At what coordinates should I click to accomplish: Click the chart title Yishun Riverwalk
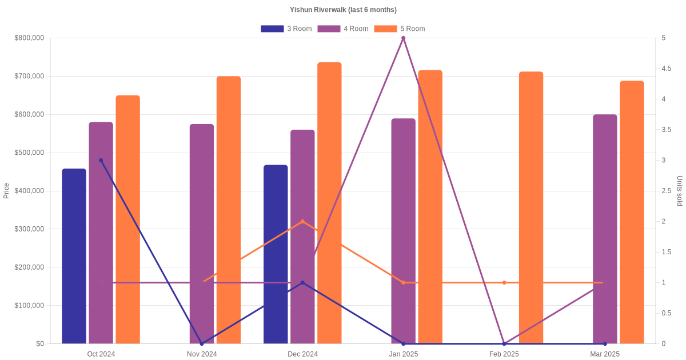(343, 10)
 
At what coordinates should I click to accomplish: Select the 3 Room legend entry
(286, 29)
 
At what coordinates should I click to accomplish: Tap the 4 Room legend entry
(342, 29)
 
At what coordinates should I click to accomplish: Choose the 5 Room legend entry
(399, 29)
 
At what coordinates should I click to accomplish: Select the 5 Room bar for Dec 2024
(329, 203)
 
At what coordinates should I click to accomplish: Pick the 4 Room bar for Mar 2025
(605, 229)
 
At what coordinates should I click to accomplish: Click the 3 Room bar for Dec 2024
(276, 254)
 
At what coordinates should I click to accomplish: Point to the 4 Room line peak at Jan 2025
(403, 38)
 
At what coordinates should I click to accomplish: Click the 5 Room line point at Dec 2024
(302, 221)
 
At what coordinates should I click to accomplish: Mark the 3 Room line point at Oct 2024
(101, 161)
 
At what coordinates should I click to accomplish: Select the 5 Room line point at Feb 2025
(504, 282)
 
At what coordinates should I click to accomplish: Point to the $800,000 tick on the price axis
(29, 38)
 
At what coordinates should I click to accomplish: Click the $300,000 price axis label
(29, 229)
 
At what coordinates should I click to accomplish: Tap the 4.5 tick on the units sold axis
(667, 69)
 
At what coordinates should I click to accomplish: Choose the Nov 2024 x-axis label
(202, 354)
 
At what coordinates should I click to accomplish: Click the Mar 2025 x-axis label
(605, 354)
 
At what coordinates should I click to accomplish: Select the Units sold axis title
(679, 191)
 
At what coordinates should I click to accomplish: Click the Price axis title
(6, 191)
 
